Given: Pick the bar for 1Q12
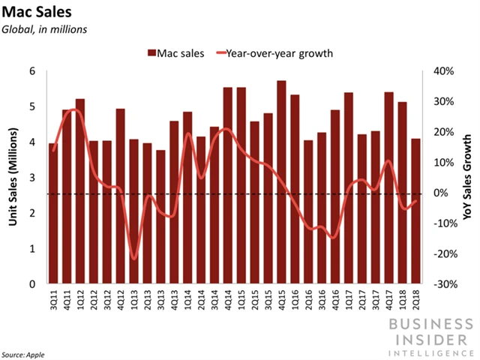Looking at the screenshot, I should coord(80,191).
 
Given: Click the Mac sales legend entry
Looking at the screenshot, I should coord(174,53).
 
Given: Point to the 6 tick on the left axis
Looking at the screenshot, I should coord(32,71).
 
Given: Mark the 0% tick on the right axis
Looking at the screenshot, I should coord(440,193).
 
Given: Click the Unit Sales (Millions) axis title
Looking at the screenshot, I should coord(13,178).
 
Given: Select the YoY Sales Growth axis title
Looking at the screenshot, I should coord(467,178).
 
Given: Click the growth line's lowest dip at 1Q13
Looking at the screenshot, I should coord(134,259).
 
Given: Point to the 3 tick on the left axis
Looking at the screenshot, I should coord(32,178).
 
